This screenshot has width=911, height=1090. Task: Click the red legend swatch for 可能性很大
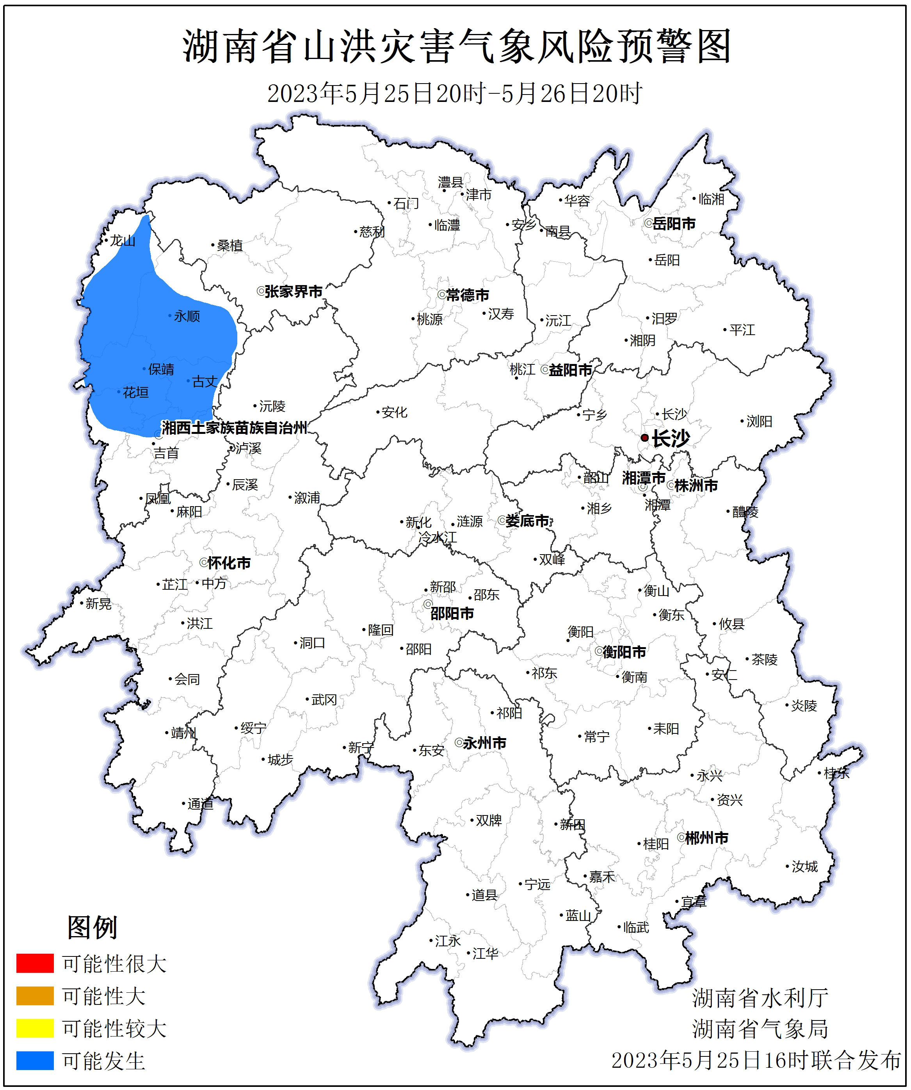coord(35,963)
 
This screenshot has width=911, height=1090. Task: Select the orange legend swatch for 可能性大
coord(35,995)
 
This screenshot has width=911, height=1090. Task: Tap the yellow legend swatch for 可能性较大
coord(35,1028)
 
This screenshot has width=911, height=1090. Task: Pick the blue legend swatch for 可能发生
coord(35,1060)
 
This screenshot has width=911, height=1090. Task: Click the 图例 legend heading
coord(92,927)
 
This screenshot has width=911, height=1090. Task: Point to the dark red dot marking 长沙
coord(644,437)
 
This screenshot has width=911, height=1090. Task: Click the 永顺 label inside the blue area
coord(187,316)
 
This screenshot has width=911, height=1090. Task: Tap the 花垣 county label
coord(135,392)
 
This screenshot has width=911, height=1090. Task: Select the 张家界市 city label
coord(294,292)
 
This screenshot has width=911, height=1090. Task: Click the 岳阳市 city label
coord(673,224)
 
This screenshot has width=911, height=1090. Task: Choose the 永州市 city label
coord(484,743)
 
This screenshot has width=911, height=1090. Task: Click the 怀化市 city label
coord(229,563)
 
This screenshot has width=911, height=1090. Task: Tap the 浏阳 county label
coord(759,421)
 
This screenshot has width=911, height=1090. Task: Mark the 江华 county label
coord(485,953)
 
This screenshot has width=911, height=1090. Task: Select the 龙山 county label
coord(123,241)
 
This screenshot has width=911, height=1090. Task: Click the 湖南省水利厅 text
coord(760,997)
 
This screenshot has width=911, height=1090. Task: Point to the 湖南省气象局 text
coord(760,1029)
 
